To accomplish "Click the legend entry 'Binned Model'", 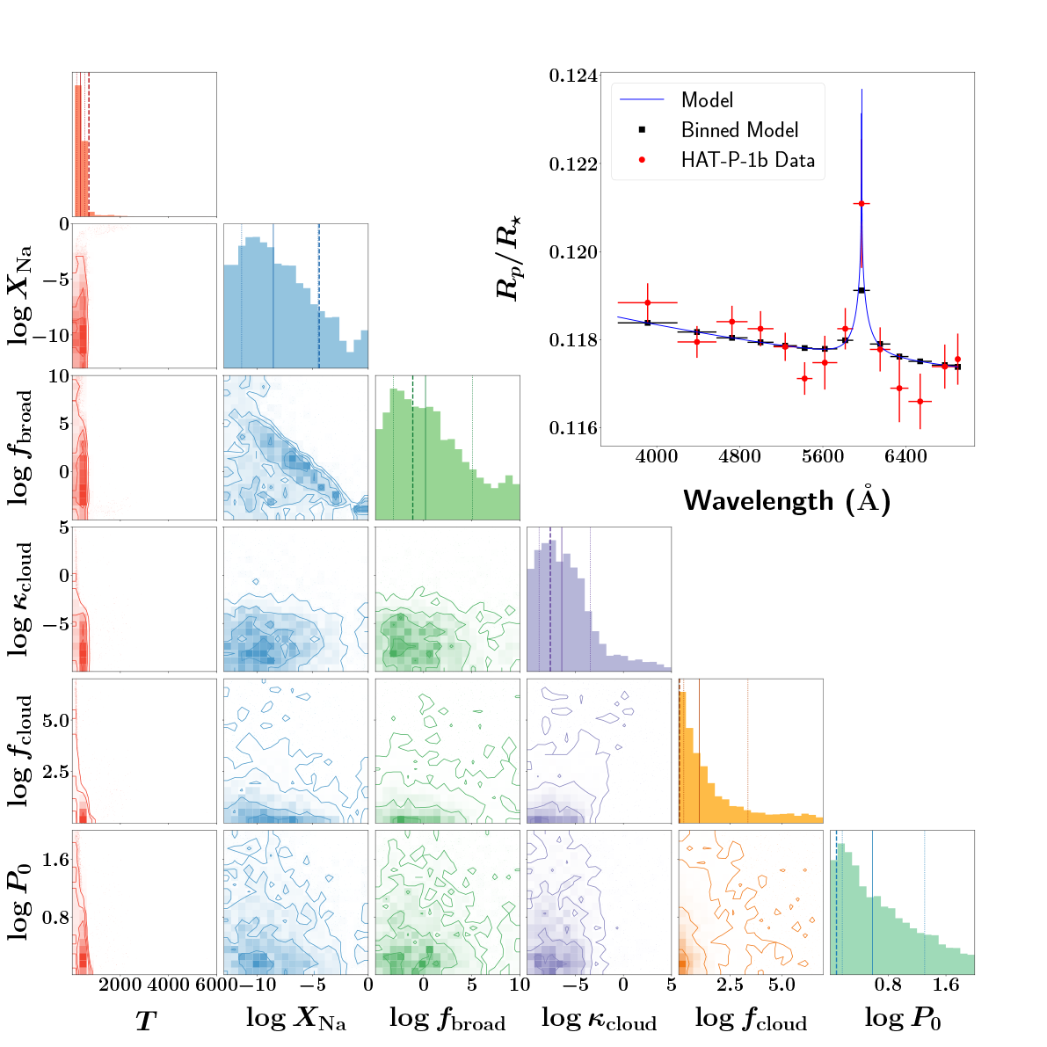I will point(739,130).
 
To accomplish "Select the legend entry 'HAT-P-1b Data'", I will point(747,160).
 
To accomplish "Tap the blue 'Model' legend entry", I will point(707,100).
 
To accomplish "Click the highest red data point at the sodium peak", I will point(862,204).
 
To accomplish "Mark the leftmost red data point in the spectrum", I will point(648,302).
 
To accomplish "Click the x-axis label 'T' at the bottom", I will point(144,1021).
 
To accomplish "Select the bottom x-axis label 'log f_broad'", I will point(447,1019).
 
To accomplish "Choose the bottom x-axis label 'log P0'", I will point(902,1019).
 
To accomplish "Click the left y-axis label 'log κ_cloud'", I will point(22,599).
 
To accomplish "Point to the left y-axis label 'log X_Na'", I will point(22,295).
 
